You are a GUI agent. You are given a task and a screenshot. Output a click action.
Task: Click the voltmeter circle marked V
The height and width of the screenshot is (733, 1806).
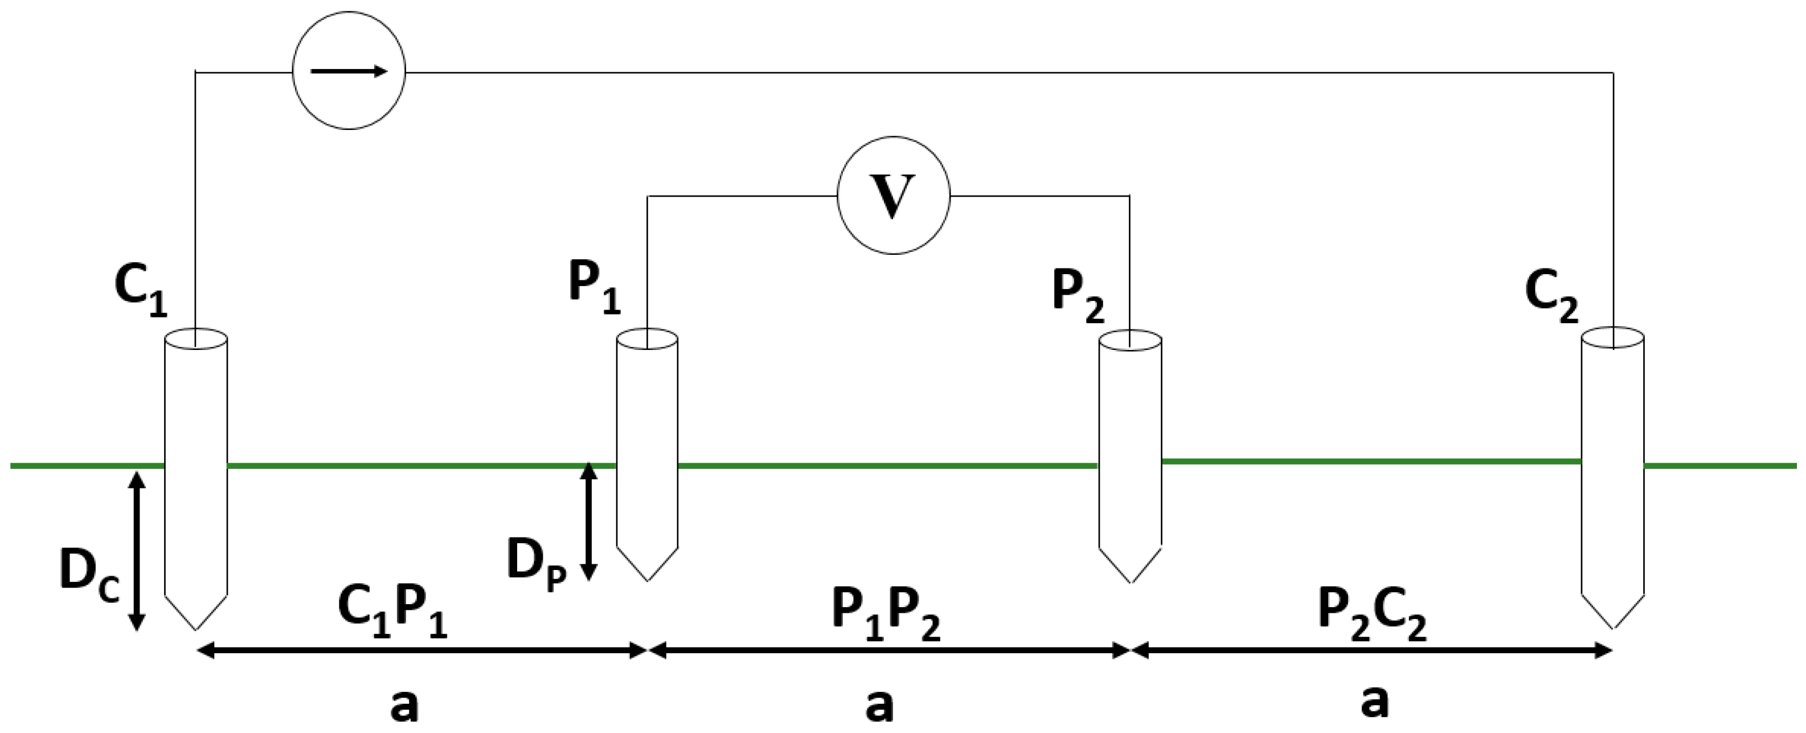point(893,196)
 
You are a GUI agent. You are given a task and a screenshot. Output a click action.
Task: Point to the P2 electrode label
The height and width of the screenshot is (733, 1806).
point(1078,295)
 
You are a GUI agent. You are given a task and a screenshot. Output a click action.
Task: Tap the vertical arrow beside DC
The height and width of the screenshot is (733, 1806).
point(137,551)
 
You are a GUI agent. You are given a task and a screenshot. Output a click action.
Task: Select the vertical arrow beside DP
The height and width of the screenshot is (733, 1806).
point(589,520)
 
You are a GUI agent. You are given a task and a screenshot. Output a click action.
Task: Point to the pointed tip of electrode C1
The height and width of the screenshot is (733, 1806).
point(195,626)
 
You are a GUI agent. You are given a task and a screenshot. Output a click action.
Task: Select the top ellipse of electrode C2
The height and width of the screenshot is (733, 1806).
point(1613,337)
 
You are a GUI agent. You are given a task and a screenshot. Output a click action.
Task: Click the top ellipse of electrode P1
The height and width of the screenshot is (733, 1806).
point(647,340)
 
